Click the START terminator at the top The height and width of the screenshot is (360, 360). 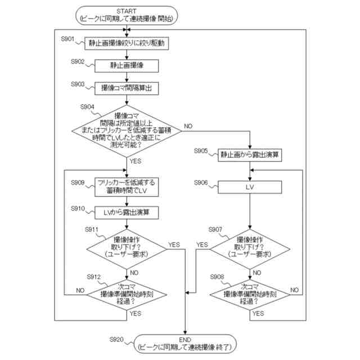pyautogui.click(x=127, y=15)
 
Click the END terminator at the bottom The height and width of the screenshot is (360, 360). pyautogui.click(x=185, y=344)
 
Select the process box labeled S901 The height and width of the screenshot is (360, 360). pyautogui.click(x=127, y=43)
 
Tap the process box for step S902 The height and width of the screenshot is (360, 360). pyautogui.click(x=127, y=66)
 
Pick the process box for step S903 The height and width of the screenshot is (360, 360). pyautogui.click(x=127, y=88)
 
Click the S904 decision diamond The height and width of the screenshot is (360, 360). pyautogui.click(x=127, y=131)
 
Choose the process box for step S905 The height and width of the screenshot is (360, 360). pyautogui.click(x=250, y=155)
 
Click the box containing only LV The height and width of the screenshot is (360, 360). pyautogui.click(x=250, y=187)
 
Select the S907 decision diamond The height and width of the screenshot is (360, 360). pyautogui.click(x=250, y=249)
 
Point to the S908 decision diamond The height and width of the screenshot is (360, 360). pyautogui.click(x=250, y=295)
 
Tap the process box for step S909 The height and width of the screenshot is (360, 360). pyautogui.click(x=127, y=187)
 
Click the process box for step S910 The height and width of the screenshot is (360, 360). pyautogui.click(x=127, y=213)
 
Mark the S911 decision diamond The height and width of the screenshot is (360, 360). pyautogui.click(x=127, y=249)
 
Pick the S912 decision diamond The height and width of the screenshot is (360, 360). pyautogui.click(x=127, y=295)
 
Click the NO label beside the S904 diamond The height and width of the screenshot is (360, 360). pyautogui.click(x=188, y=126)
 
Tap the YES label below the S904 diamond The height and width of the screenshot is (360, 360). pyautogui.click(x=135, y=161)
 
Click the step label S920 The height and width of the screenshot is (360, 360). pyautogui.click(x=116, y=339)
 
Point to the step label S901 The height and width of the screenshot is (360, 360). pyautogui.click(x=67, y=39)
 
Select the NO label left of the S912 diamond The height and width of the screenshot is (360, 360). pyautogui.click(x=80, y=290)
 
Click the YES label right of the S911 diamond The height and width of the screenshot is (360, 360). pyautogui.click(x=174, y=245)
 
